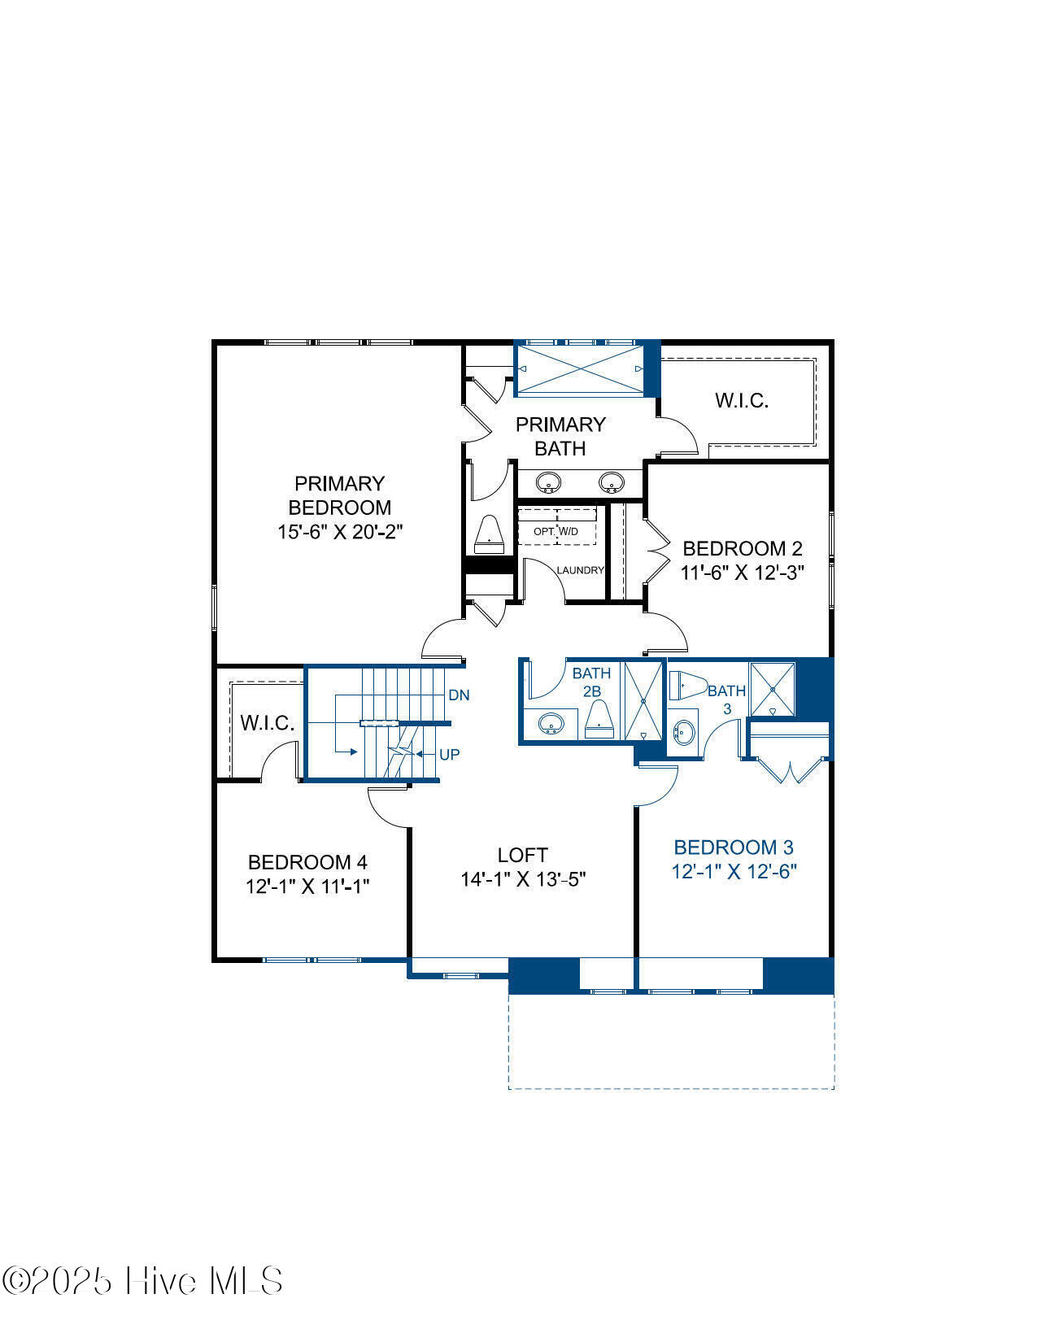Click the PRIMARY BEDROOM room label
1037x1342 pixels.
point(340,495)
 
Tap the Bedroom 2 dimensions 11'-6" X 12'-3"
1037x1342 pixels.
point(743,573)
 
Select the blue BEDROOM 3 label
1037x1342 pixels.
point(734,847)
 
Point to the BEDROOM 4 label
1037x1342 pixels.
point(307,862)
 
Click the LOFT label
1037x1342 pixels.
point(522,855)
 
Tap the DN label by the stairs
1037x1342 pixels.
point(459,695)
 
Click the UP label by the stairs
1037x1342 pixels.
point(450,755)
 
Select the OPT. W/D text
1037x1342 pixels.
point(556,531)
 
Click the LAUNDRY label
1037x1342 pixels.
point(580,570)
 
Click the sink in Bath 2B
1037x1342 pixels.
point(551,723)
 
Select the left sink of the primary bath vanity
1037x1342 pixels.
point(548,482)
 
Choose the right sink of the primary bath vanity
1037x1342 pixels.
point(612,482)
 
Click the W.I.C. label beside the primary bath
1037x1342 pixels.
point(742,400)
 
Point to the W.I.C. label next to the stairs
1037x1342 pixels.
point(268,722)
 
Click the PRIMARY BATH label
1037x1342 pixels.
point(560,436)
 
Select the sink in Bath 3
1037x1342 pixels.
point(684,733)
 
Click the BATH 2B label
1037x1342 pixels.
point(591,682)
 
